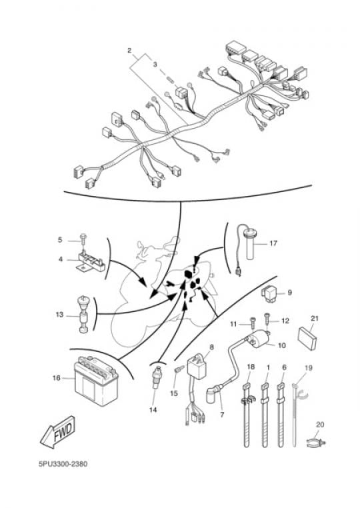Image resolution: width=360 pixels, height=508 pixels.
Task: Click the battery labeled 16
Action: [96, 381]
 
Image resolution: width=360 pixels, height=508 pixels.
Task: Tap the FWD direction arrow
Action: [58, 433]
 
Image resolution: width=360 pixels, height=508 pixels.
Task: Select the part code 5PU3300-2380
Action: [63, 464]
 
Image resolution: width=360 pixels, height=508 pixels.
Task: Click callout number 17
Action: [273, 243]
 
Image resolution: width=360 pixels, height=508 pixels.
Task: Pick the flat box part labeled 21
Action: [307, 338]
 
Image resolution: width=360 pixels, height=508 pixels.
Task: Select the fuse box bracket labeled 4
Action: [90, 261]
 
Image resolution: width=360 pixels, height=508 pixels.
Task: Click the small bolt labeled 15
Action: [179, 369]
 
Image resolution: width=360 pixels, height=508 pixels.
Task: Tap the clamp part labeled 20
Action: [315, 442]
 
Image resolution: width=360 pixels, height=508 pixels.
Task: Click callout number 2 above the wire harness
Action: [129, 51]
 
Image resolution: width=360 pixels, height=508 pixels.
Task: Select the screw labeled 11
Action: [253, 323]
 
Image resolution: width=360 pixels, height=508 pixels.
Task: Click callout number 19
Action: [309, 368]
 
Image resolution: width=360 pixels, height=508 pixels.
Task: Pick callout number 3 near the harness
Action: [155, 64]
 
